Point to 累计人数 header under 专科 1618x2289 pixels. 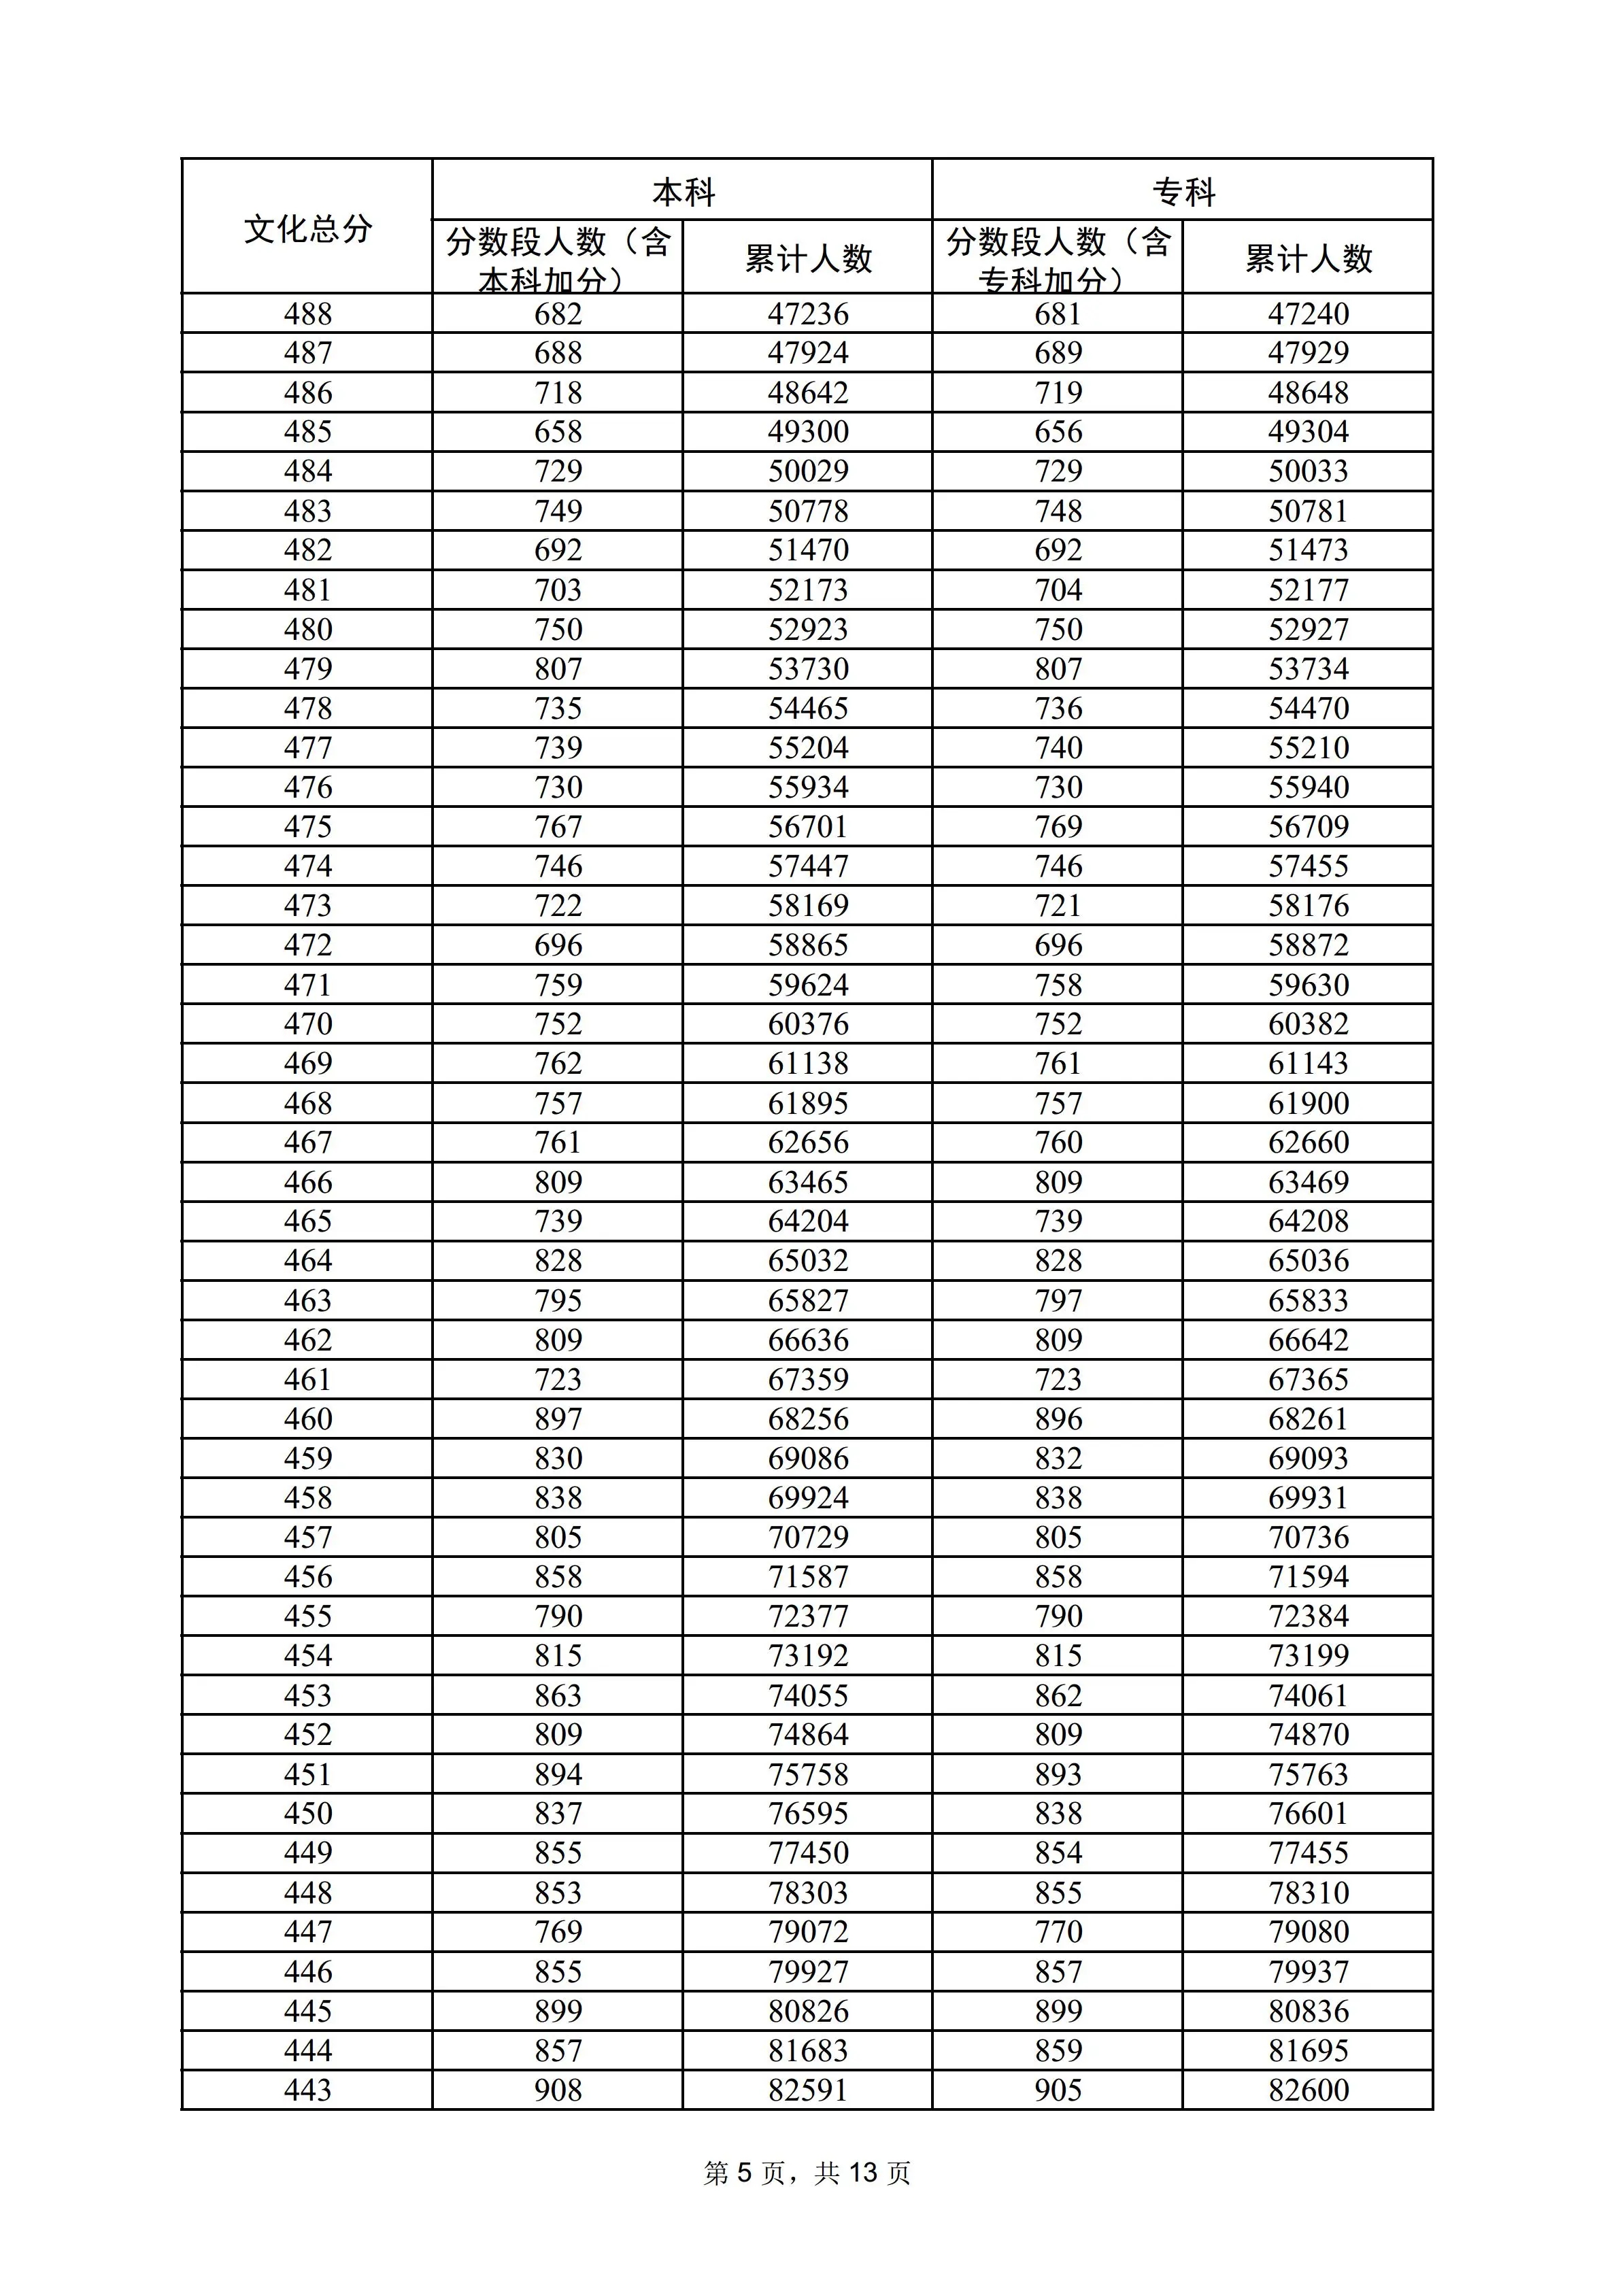coord(1308,259)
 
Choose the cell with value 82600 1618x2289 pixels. coord(1308,2090)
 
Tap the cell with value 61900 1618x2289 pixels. coord(1308,1104)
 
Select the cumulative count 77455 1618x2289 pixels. coord(1308,1853)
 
